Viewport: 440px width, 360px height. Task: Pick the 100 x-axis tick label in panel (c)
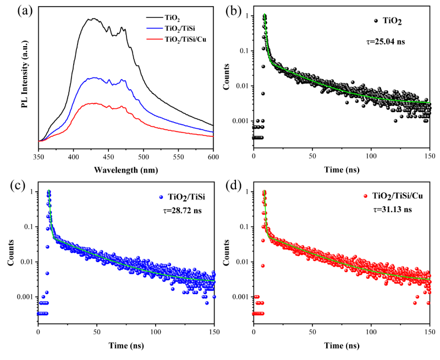coord(156,333)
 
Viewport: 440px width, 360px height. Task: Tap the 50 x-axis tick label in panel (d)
coord(312,333)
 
